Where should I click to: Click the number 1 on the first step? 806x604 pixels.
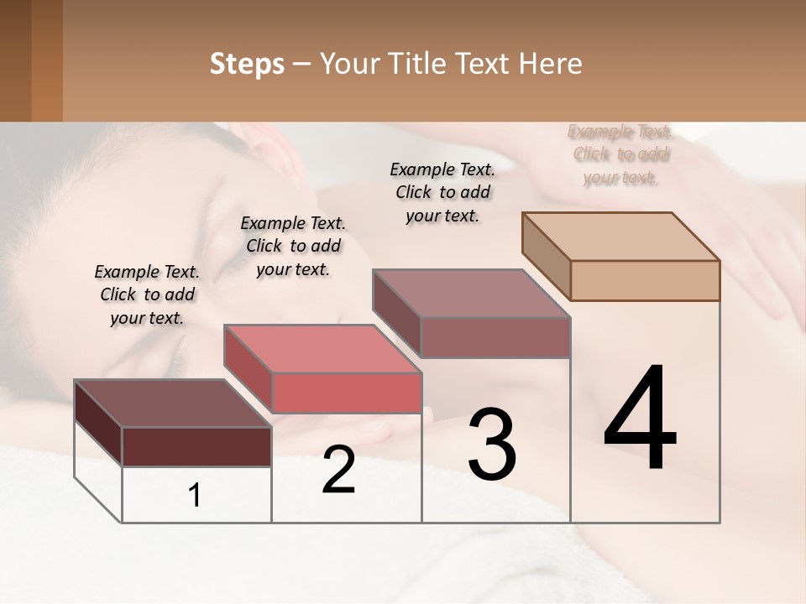tap(195, 495)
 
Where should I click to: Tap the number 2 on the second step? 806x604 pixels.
tap(338, 470)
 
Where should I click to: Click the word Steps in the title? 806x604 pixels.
tap(247, 64)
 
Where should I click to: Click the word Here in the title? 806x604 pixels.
tap(549, 64)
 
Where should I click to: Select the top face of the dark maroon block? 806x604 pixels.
tap(172, 404)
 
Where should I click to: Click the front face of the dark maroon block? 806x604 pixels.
tap(196, 446)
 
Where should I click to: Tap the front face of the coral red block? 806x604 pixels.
tap(347, 393)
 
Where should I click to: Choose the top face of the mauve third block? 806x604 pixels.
tap(471, 294)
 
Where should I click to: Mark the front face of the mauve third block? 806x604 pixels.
tap(495, 337)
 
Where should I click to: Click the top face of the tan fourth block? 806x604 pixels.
tap(620, 237)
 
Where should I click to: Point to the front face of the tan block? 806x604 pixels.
tap(645, 280)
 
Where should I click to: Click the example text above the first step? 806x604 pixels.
tap(147, 294)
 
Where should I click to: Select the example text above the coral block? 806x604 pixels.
tap(293, 246)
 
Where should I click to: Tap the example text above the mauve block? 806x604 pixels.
tap(442, 192)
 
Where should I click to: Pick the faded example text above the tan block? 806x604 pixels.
tap(620, 154)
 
